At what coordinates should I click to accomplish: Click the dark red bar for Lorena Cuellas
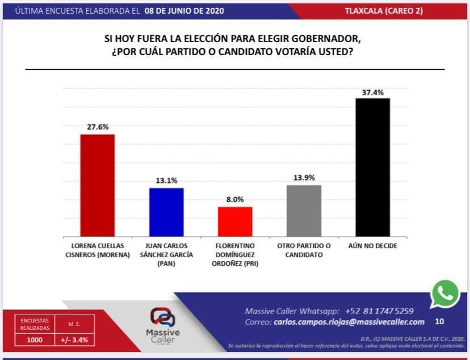click(97, 185)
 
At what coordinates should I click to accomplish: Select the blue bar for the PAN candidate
click(166, 212)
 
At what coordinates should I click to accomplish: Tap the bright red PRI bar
click(235, 221)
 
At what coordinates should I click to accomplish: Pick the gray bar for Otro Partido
click(304, 211)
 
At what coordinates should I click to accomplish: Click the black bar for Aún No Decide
click(372, 168)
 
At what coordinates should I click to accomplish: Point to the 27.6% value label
click(97, 127)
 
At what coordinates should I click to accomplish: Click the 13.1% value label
click(166, 181)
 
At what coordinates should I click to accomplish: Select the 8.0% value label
click(235, 199)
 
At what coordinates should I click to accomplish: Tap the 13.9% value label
click(304, 178)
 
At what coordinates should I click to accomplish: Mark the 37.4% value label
click(372, 91)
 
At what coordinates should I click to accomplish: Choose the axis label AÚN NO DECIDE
click(372, 246)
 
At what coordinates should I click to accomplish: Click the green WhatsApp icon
click(445, 294)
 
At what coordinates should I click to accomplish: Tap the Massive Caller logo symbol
click(162, 317)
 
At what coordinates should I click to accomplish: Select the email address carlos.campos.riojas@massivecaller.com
click(349, 322)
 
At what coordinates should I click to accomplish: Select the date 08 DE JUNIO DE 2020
click(184, 11)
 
